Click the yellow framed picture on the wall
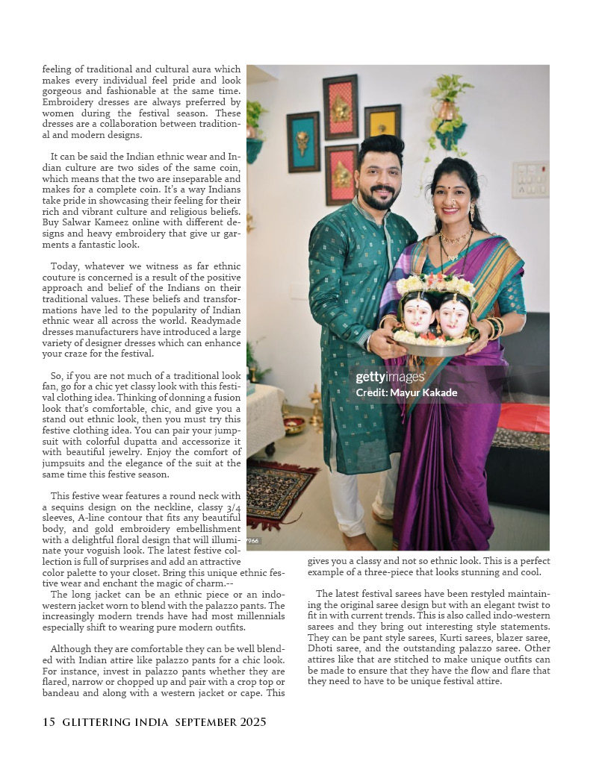pos(382,121)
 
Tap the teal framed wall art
pos(303,142)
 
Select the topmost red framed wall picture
pos(340,107)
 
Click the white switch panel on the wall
pos(530,180)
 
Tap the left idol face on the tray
pos(420,314)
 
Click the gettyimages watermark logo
pos(390,378)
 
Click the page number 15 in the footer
pos(49,722)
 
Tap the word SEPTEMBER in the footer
pos(207,722)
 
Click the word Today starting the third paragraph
pos(65,266)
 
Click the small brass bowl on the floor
pos(294,425)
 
